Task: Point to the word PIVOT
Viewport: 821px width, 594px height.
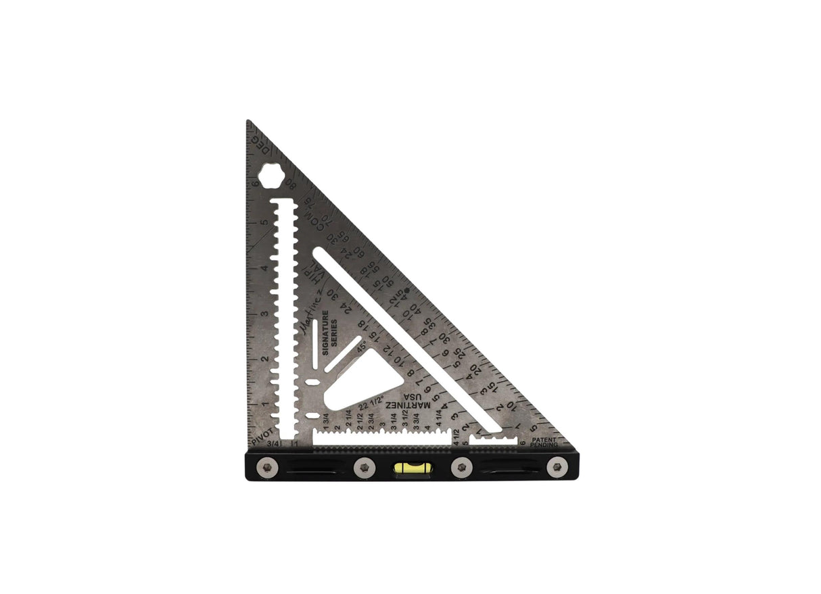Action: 262,434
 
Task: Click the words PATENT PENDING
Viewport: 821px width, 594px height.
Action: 544,443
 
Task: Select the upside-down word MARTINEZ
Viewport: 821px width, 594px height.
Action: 408,404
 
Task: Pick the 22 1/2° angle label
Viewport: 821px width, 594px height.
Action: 372,403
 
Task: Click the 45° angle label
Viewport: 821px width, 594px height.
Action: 362,346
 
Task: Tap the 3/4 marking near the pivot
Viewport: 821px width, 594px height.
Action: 273,444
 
